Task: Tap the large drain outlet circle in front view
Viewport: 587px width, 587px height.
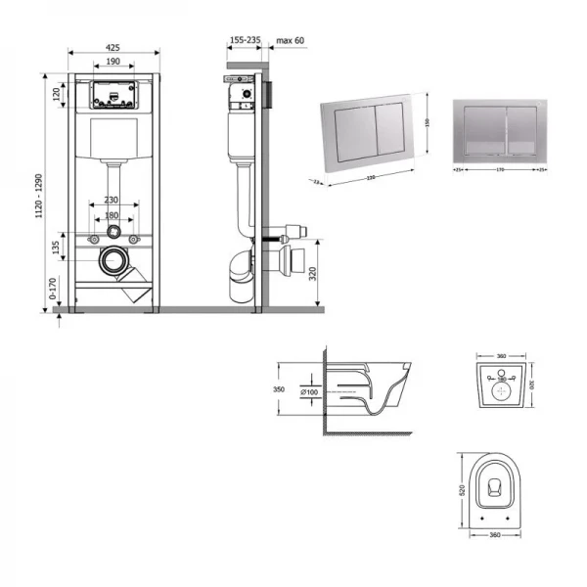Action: pyautogui.click(x=115, y=261)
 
